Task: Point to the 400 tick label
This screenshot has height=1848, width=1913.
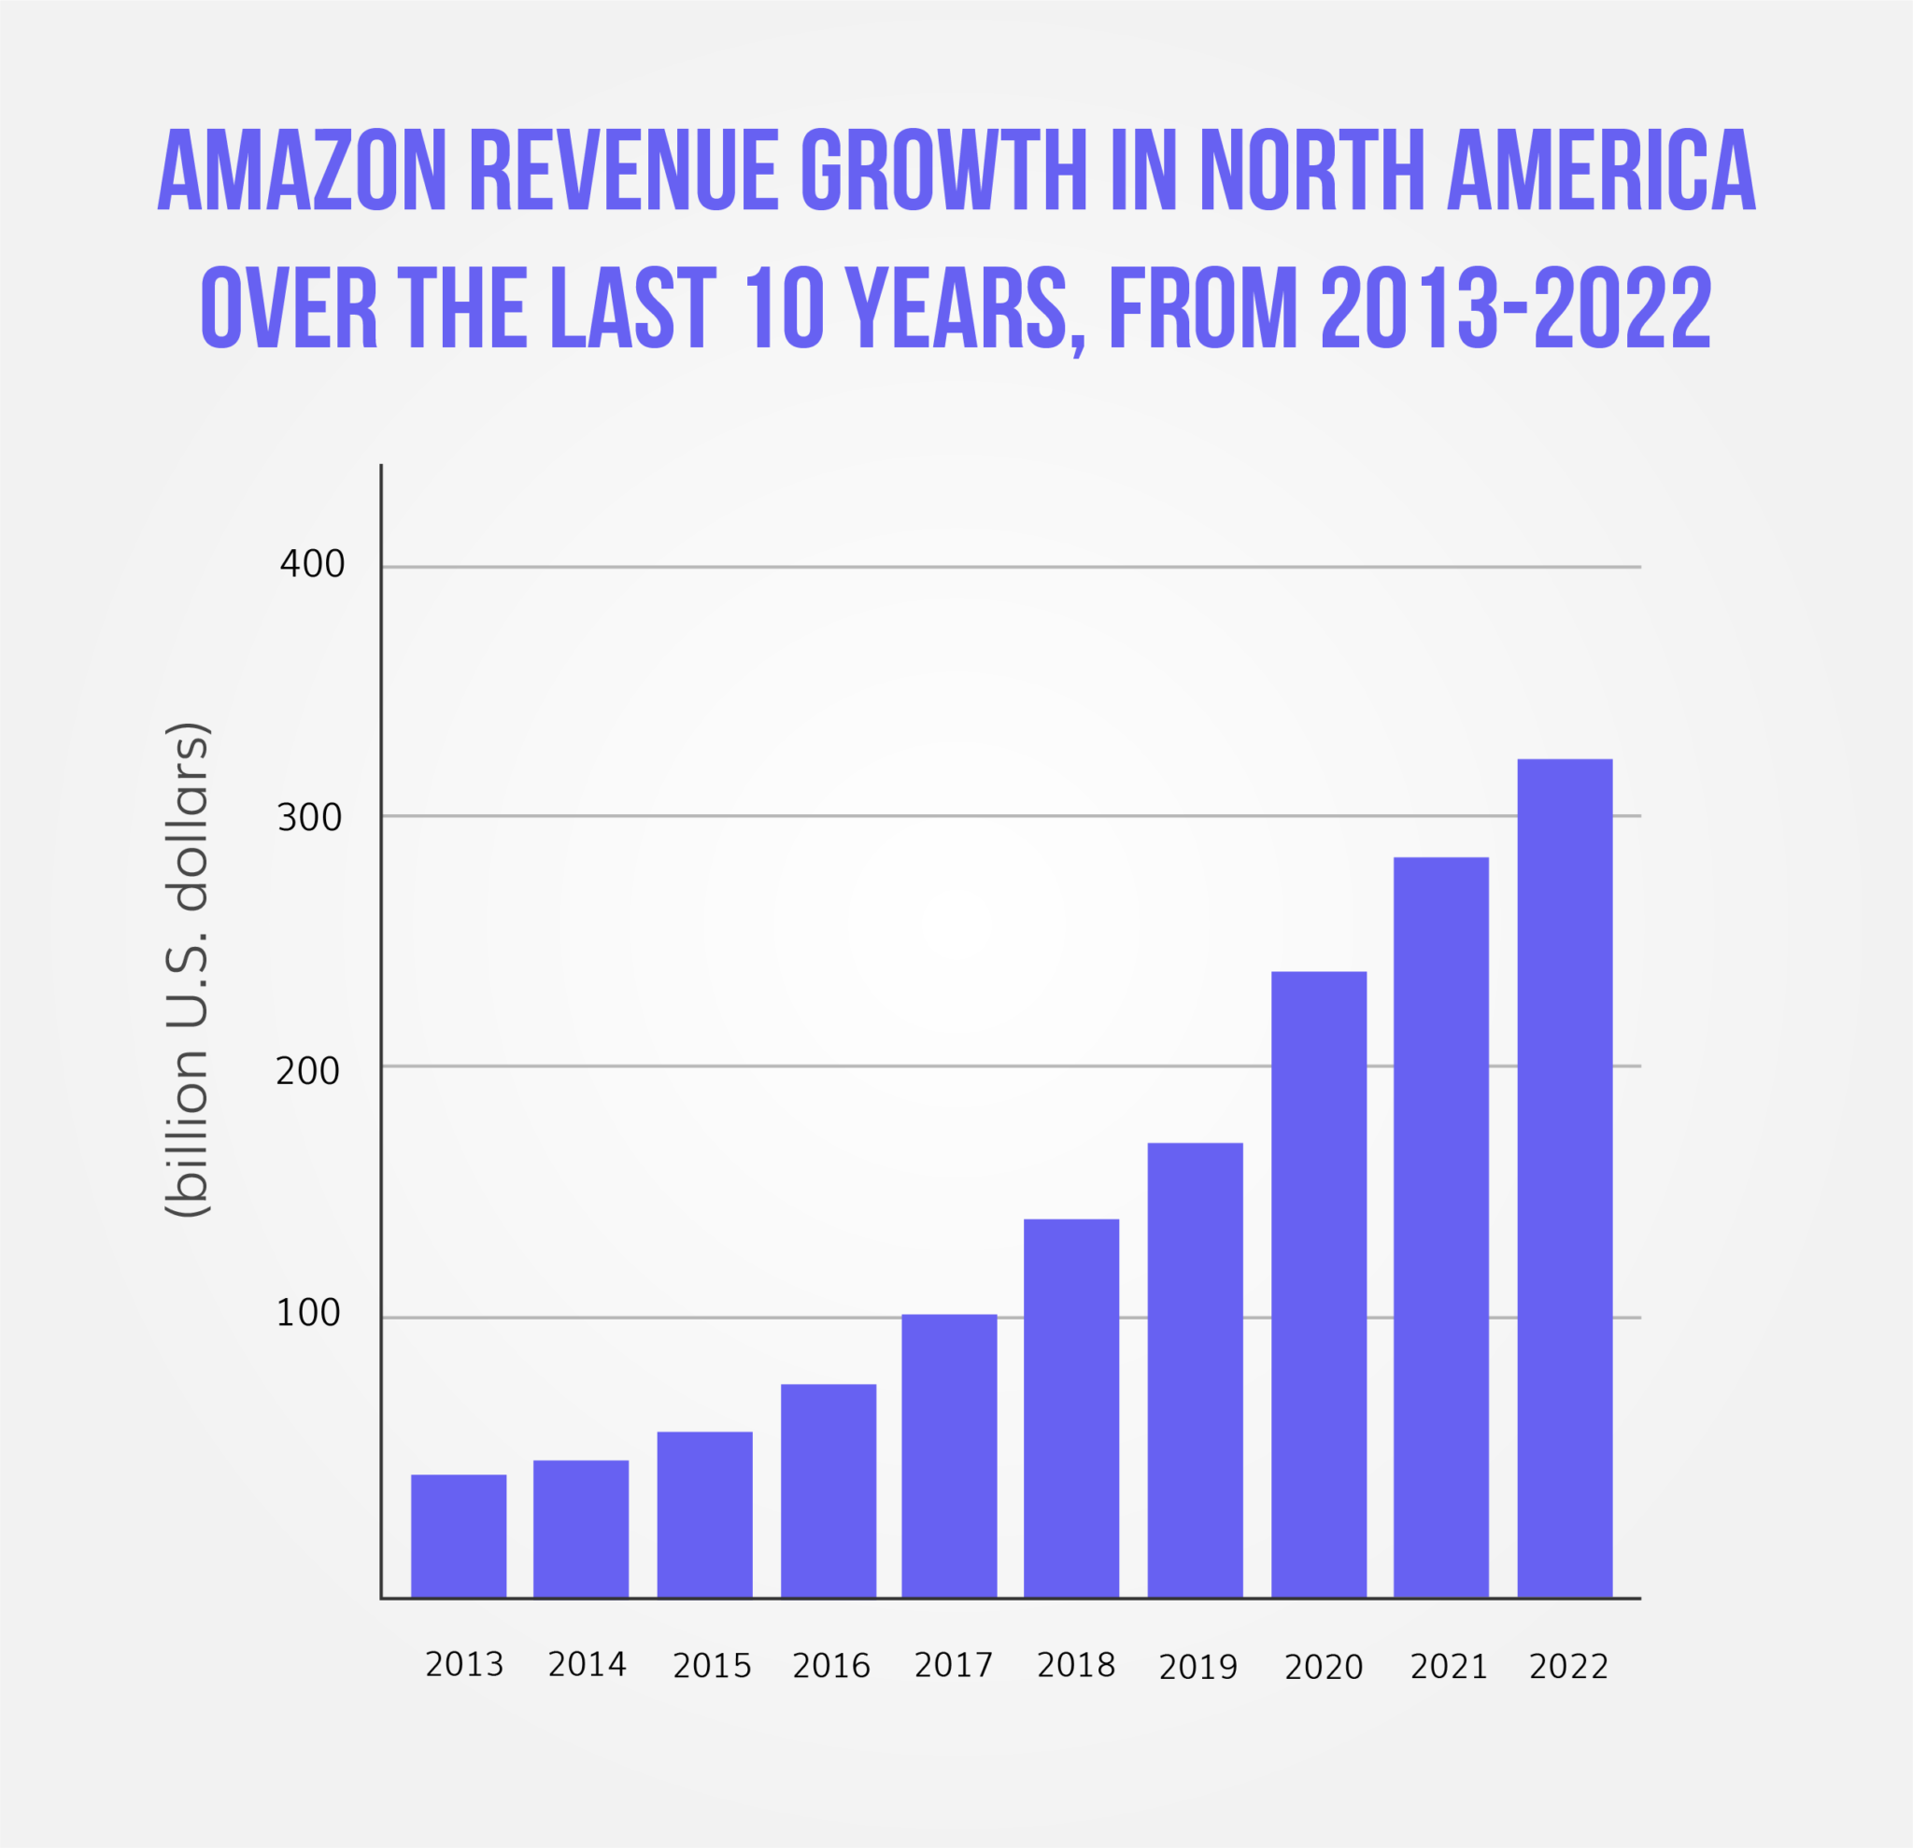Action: click(312, 564)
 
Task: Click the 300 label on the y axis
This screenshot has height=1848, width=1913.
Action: click(310, 818)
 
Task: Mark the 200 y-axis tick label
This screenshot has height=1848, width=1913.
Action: click(307, 1071)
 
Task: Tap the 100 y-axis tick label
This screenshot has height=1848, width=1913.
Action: click(308, 1313)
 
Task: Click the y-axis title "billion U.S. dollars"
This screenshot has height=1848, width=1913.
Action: click(187, 970)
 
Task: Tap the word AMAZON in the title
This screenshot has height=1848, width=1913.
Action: click(302, 169)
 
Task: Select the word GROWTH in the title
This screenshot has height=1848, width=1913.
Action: click(943, 169)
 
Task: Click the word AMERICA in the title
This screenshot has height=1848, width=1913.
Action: click(1602, 169)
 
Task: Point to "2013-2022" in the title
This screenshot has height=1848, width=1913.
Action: click(1516, 308)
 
